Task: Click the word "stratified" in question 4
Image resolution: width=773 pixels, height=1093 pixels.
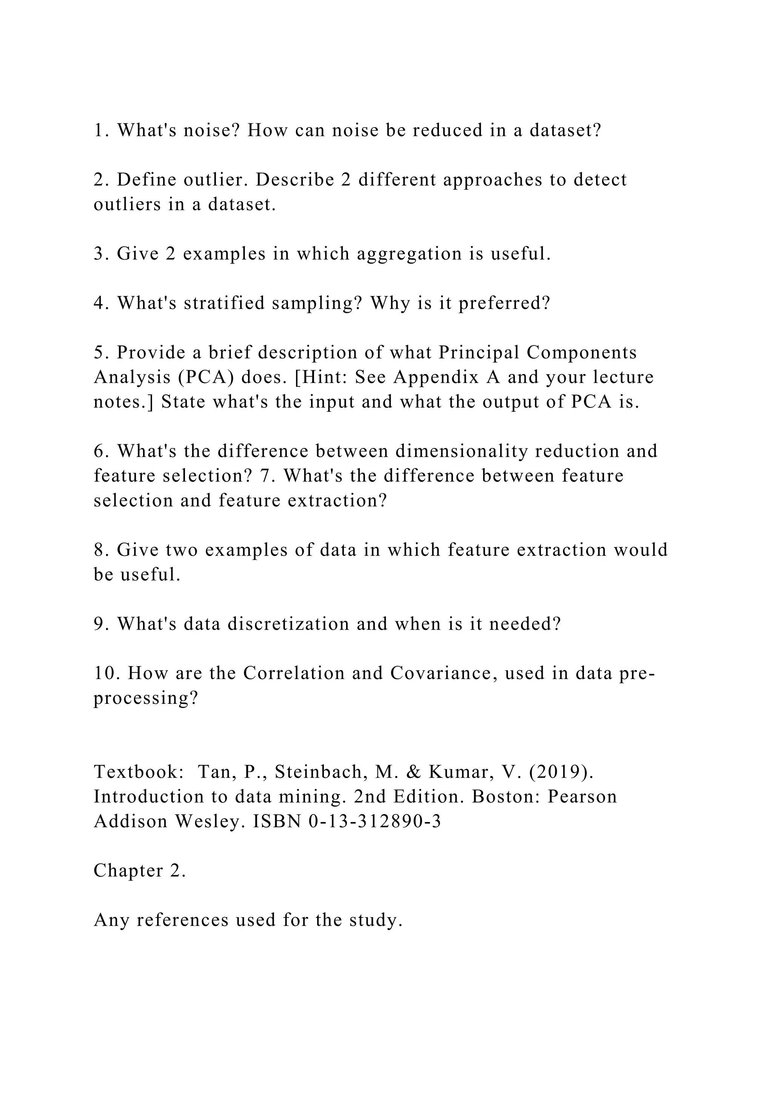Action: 224,303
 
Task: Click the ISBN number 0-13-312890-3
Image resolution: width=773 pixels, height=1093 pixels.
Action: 374,821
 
